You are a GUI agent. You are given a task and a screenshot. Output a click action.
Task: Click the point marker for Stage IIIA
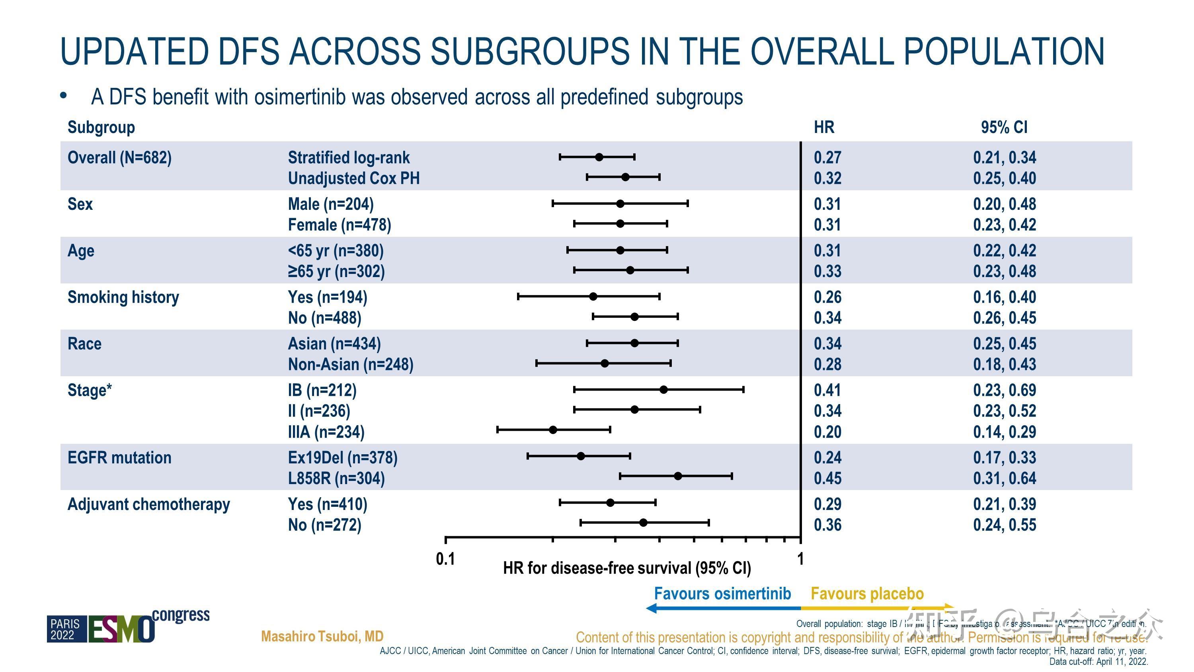[x=552, y=430]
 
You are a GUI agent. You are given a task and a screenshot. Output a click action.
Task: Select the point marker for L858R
[x=678, y=476]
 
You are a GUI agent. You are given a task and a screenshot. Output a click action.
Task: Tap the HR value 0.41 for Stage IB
[x=827, y=390]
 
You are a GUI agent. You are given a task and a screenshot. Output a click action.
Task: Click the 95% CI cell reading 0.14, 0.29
[x=1004, y=432]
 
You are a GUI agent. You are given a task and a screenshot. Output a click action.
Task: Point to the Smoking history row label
[x=123, y=297]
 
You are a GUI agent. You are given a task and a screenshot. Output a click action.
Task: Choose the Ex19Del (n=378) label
[x=343, y=458]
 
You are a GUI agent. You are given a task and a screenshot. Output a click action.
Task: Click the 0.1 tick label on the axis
[x=445, y=559]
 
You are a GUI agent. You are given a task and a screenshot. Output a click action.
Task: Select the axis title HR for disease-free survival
[x=627, y=568]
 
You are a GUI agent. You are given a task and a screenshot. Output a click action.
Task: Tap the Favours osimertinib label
[x=722, y=594]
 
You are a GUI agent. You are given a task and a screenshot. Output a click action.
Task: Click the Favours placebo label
[x=867, y=594]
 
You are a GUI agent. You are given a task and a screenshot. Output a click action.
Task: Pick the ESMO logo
[x=121, y=628]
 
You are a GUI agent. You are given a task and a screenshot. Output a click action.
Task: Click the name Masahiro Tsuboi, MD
[x=322, y=636]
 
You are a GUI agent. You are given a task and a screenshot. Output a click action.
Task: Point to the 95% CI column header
[x=1004, y=127]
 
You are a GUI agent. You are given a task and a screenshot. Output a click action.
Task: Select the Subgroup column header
[x=101, y=127]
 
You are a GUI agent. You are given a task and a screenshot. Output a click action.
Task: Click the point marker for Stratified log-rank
[x=599, y=157]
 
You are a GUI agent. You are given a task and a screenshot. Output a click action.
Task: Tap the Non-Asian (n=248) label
[x=350, y=365]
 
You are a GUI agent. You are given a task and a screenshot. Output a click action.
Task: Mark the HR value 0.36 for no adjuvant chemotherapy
[x=827, y=525]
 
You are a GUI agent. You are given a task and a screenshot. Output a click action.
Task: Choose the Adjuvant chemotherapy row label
[x=148, y=504]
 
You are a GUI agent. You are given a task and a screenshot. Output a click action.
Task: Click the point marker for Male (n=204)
[x=620, y=203]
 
